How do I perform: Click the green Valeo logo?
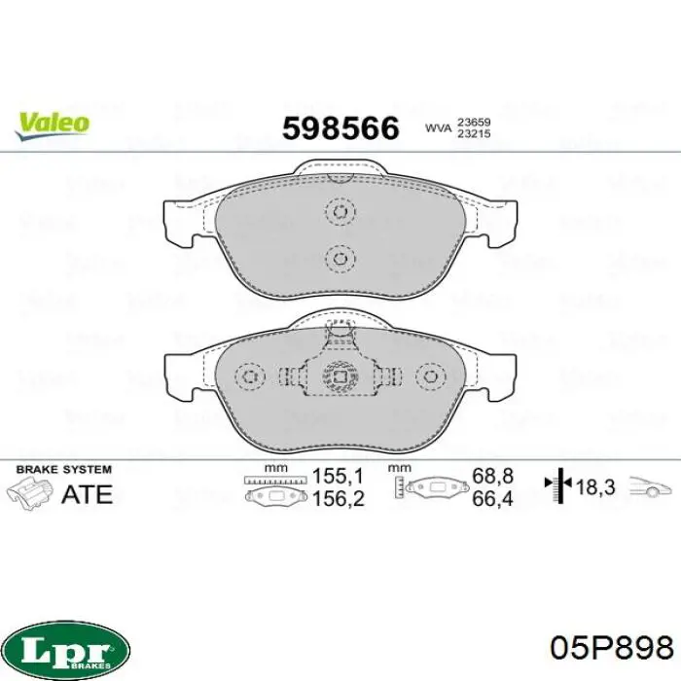pos(53,125)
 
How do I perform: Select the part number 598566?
pos(340,128)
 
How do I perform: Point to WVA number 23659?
pos(474,123)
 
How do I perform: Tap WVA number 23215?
pos(474,134)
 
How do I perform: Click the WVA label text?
pos(438,128)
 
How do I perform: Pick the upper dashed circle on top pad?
pos(340,212)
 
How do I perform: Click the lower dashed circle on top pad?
pos(340,259)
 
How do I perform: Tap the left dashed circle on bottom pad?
pos(250,376)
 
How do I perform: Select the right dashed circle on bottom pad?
pos(430,376)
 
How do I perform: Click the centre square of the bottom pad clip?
pos(340,376)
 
